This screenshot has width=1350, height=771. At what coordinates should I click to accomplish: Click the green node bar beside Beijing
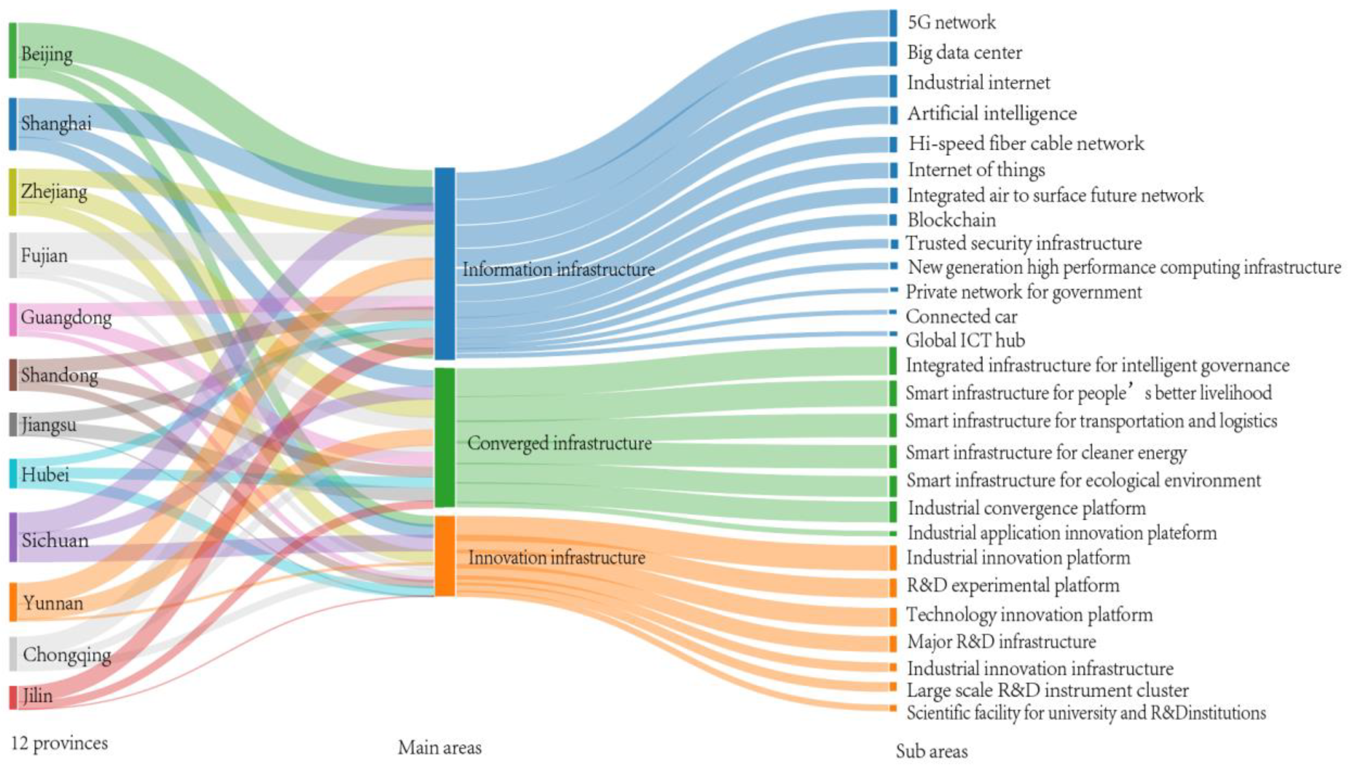[13, 50]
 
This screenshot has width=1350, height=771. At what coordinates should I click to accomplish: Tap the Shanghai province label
[56, 123]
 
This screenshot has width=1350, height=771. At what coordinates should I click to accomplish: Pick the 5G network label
[951, 22]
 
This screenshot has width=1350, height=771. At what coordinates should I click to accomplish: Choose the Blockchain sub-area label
[951, 220]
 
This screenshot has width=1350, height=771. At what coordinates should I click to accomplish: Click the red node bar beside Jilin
[13, 697]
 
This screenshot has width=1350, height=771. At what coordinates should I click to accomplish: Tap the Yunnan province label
[53, 603]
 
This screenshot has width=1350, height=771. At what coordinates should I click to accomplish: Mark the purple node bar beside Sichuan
[13, 537]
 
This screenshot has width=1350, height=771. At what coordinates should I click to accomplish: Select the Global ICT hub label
[965, 340]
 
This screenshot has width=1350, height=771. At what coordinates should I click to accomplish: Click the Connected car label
[961, 317]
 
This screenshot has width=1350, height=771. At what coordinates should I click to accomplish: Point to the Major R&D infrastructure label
[1001, 642]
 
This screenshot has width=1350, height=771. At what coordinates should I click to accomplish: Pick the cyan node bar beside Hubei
[13, 473]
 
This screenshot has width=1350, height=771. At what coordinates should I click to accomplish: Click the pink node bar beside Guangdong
[13, 319]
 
